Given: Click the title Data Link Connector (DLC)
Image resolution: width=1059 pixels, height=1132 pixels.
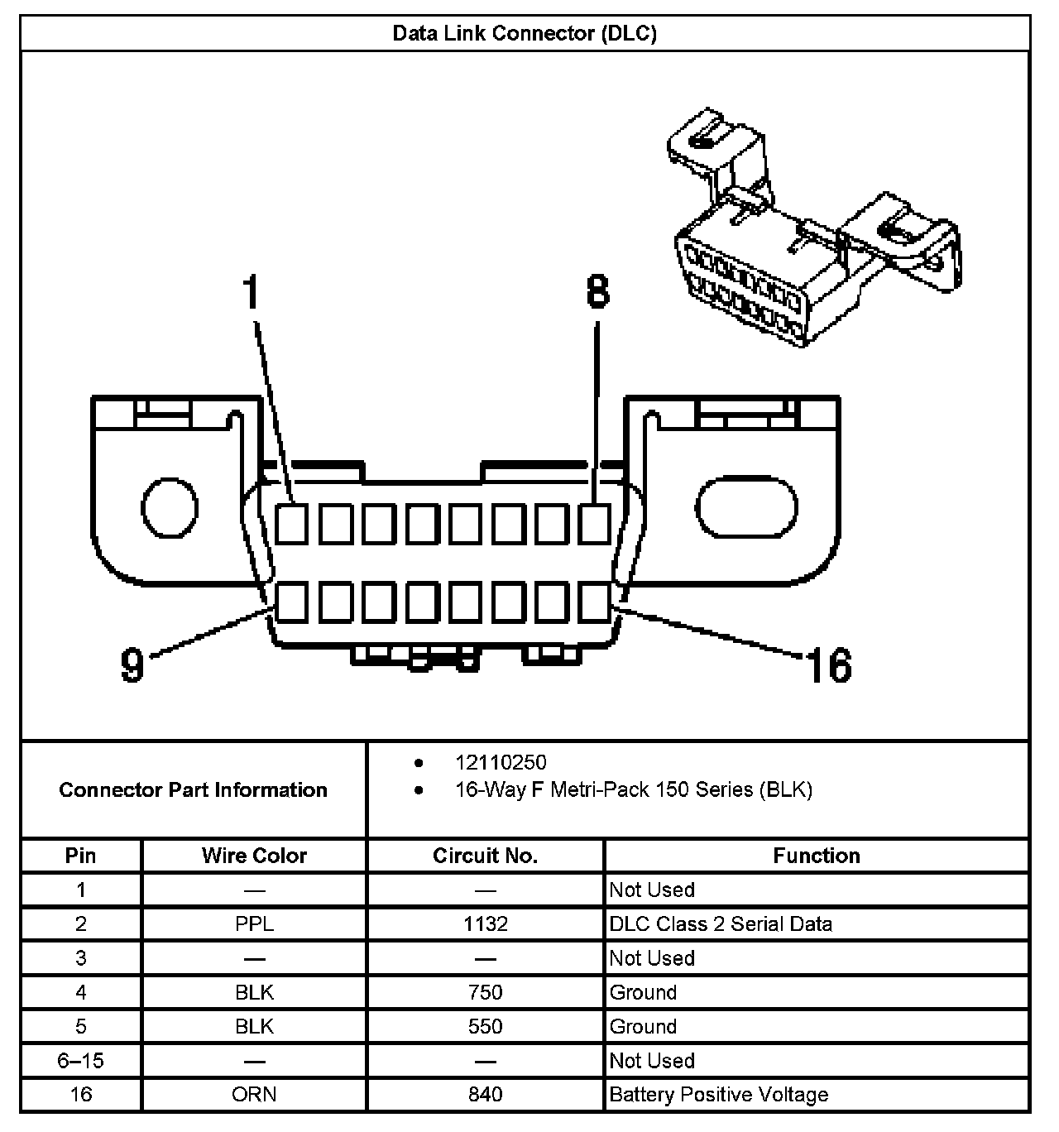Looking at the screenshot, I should click(525, 34).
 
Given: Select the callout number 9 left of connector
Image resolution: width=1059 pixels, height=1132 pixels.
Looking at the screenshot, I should click(132, 664).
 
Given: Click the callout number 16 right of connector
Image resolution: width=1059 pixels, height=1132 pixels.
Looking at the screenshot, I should click(828, 665).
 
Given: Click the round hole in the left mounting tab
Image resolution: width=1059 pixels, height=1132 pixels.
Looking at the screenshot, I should click(170, 506).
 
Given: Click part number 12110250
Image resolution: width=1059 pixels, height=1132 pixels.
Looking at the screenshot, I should click(501, 762).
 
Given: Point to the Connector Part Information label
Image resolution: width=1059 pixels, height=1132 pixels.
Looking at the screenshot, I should click(193, 789).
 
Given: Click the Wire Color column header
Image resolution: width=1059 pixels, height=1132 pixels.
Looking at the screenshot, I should click(254, 856).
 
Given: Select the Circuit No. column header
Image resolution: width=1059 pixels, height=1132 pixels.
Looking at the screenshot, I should click(485, 856).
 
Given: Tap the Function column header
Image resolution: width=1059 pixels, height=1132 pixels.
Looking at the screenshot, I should click(816, 856).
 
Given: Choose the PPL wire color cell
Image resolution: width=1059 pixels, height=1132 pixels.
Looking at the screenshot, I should click(254, 924).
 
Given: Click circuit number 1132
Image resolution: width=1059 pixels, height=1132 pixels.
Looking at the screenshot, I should click(485, 924).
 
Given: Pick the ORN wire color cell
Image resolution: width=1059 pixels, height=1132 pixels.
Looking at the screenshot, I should click(254, 1095).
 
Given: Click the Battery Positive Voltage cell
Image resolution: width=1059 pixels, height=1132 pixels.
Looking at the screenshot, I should click(718, 1095).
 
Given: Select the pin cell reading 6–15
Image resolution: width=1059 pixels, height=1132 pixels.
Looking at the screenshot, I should click(81, 1061).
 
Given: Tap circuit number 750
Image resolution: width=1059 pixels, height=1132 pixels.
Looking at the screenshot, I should click(485, 992).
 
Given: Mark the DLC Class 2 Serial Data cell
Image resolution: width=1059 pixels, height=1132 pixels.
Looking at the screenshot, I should click(721, 924).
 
